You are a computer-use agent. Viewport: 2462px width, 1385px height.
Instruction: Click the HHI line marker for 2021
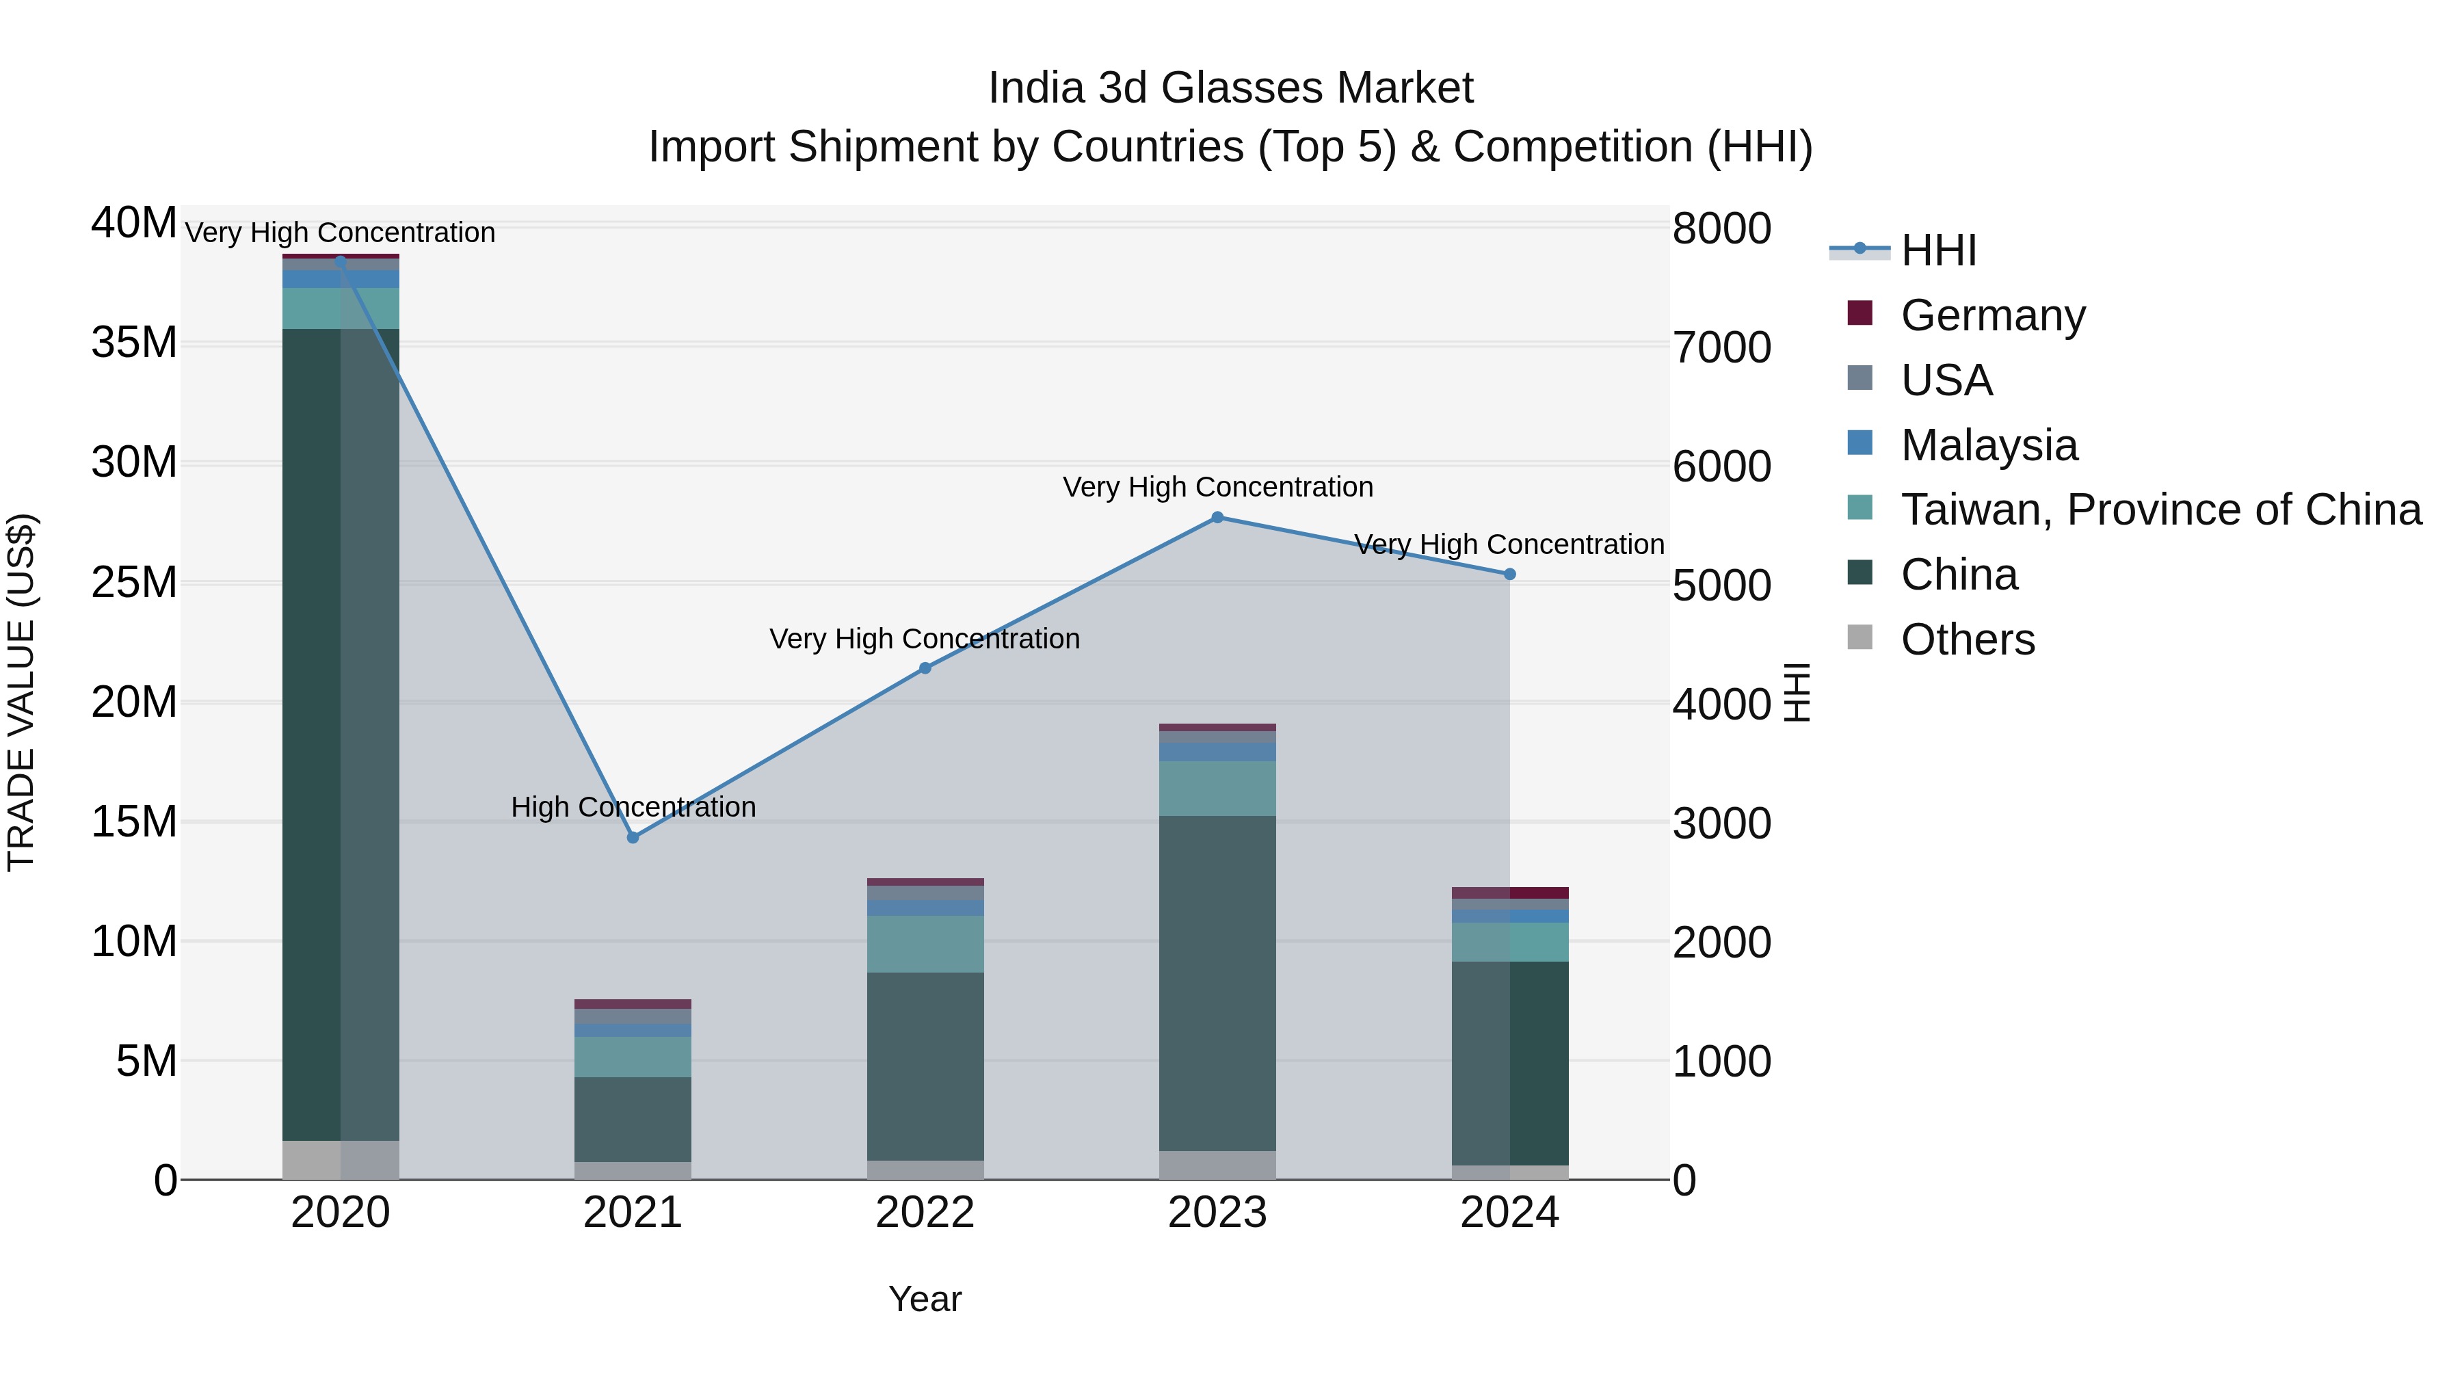633,837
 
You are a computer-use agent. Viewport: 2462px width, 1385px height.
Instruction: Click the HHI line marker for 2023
1217,517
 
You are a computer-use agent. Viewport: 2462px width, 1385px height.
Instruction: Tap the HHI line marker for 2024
1510,575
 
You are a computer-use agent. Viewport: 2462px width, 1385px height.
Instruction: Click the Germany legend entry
1993,315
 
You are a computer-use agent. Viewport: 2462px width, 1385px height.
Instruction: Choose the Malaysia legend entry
1989,445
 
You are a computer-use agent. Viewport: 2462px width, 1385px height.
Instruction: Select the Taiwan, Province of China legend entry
2160,510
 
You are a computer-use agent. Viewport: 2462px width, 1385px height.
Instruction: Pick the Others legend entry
1968,639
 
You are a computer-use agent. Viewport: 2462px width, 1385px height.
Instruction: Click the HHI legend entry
1938,250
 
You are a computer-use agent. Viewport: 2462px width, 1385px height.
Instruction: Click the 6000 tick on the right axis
1721,466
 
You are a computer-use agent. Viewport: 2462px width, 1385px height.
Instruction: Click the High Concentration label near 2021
633,807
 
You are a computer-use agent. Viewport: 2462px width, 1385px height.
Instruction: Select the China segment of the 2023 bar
1217,983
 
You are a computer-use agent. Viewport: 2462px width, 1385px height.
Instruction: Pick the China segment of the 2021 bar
633,1118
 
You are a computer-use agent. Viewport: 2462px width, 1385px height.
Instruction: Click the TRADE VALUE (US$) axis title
21,692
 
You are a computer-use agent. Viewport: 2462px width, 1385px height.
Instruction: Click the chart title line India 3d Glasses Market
1230,88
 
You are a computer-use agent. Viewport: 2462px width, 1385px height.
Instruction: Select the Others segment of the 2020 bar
341,1159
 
